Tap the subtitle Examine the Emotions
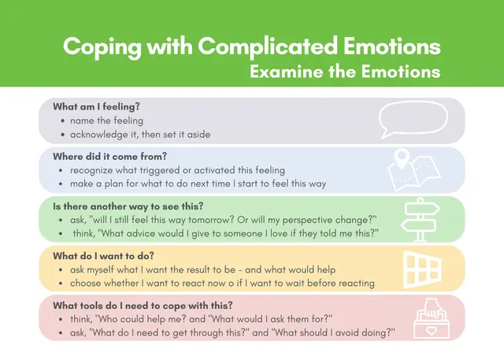(x=344, y=72)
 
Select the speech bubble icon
(x=412, y=120)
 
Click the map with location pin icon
(x=414, y=169)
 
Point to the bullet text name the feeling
(x=106, y=121)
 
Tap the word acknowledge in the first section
(x=100, y=134)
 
